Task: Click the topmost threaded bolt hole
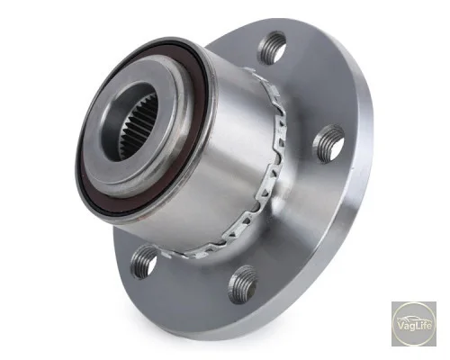coord(271,48)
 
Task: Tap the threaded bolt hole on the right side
coord(328,144)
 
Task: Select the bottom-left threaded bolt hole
coord(143,262)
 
